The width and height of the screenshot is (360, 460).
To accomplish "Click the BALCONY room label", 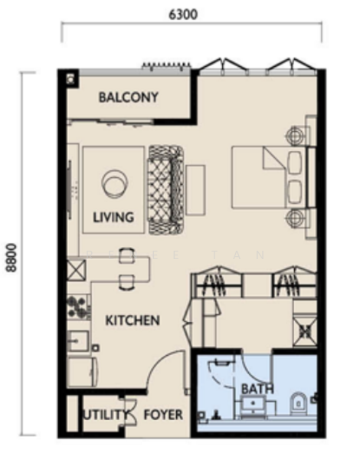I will pos(128,97).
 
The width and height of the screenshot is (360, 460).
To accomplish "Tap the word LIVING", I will pos(113,217).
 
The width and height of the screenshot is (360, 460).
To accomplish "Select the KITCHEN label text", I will pos(132,320).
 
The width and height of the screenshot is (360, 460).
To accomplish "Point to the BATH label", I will pos(257,389).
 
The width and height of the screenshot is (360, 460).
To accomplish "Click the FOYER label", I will pos(164,415).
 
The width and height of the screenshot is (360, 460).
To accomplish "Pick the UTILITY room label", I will pos(106,415).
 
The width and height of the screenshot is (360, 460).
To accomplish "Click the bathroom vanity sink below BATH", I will pos(254,406).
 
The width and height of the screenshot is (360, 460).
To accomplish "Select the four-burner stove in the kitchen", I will pos(77,307).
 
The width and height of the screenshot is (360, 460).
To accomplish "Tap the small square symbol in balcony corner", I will pos(70,78).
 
